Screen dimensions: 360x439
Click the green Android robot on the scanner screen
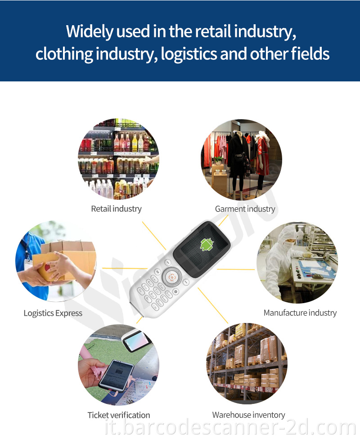point(207,244)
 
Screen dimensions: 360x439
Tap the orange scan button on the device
point(172,277)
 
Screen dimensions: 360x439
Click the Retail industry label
point(116,209)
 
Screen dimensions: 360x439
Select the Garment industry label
point(245,209)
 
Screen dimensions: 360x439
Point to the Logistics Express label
point(53,313)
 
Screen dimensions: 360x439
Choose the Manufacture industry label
point(300,313)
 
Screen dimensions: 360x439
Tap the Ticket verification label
point(119,415)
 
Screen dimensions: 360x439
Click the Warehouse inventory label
point(249,415)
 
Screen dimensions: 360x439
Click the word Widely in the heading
point(90,31)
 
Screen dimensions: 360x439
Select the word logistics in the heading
point(189,54)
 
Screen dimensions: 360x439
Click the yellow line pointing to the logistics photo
point(125,268)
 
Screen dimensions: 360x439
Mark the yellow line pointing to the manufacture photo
point(236,269)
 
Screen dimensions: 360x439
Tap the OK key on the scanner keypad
point(157,271)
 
